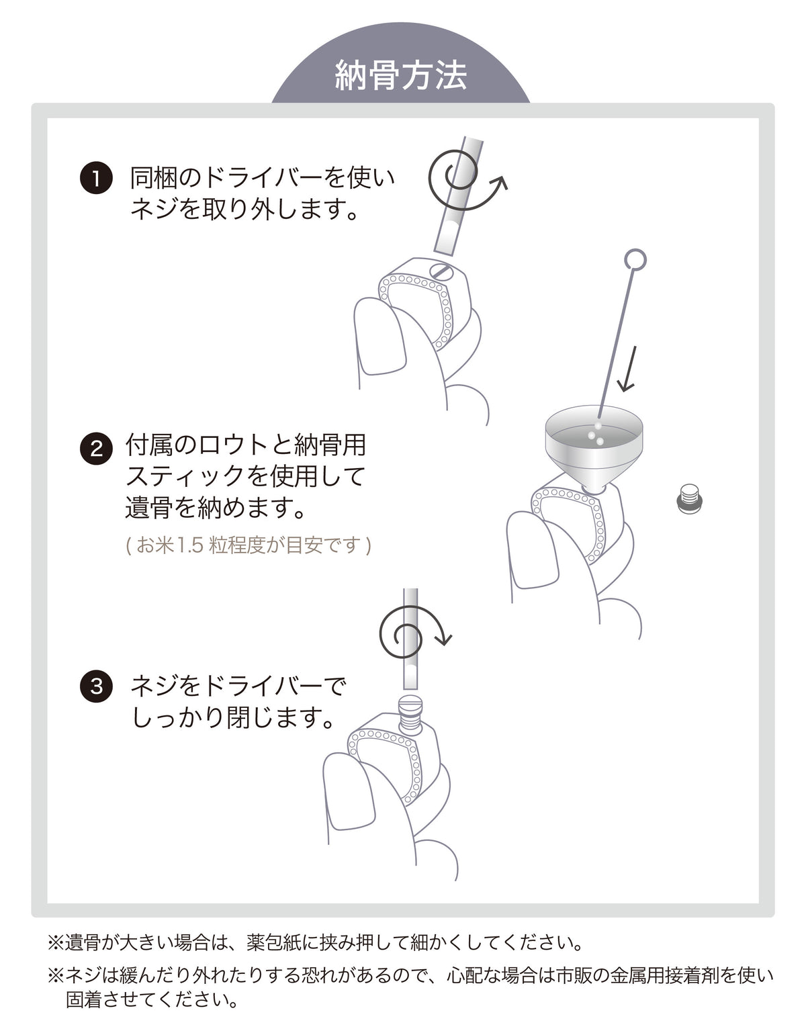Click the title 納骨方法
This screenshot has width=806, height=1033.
click(401, 76)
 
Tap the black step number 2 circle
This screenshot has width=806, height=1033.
click(96, 448)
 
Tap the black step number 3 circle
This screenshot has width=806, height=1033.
click(96, 686)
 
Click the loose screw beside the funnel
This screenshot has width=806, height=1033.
click(689, 500)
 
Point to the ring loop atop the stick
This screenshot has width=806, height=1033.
click(635, 260)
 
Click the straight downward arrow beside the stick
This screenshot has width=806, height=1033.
click(628, 369)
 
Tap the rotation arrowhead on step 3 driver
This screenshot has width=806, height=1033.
click(444, 639)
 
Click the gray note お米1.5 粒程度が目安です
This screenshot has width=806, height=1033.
click(249, 545)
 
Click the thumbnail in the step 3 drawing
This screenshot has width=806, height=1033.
click(351, 793)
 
